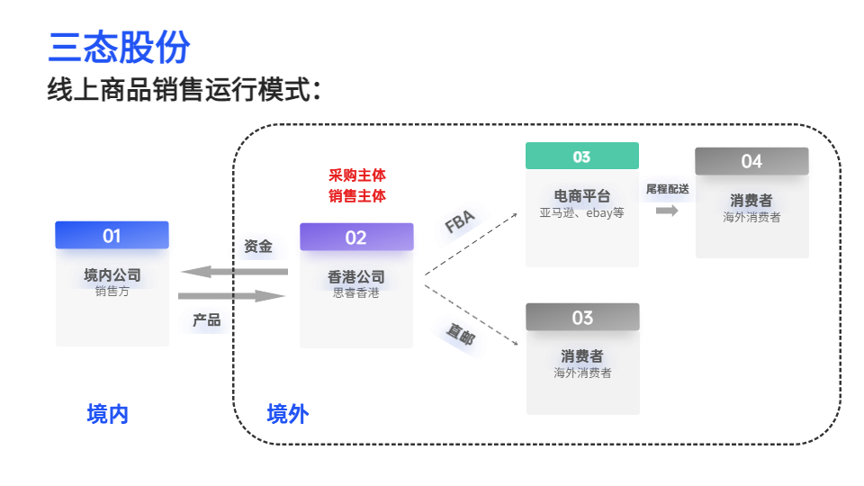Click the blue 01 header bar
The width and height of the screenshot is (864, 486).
tap(112, 236)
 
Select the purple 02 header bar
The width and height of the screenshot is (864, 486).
tap(356, 238)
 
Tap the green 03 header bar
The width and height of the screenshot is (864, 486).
tap(582, 157)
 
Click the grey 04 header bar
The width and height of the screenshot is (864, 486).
tap(751, 161)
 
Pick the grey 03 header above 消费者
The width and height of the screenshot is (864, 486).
tap(582, 318)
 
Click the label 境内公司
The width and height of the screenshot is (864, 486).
tap(112, 274)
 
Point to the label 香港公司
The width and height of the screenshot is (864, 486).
tap(356, 276)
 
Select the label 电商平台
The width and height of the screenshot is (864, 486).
tap(582, 195)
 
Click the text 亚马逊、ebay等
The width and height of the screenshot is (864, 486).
tap(582, 213)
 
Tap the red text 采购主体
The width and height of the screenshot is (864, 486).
tap(357, 175)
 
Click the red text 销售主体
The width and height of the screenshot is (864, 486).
tap(357, 195)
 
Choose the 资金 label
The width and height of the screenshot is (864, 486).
tap(258, 246)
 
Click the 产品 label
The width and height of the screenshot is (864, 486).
tap(206, 319)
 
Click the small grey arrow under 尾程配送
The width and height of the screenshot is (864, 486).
tap(667, 211)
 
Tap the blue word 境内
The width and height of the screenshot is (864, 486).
tap(108, 414)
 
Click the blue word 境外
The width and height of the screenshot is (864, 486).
tap(288, 414)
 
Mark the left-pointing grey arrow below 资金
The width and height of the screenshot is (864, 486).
tap(234, 272)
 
